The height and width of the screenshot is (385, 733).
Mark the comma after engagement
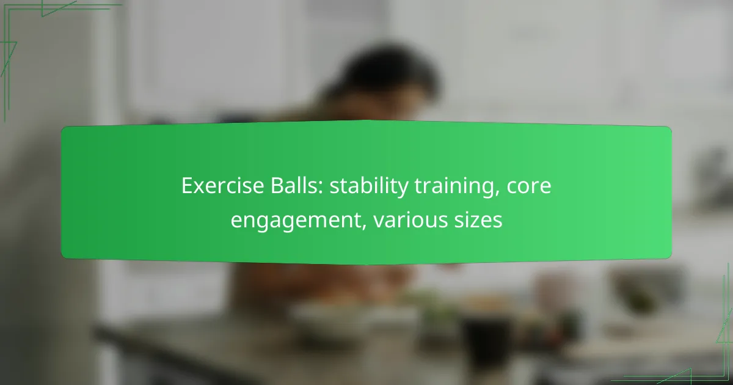point(363,227)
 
